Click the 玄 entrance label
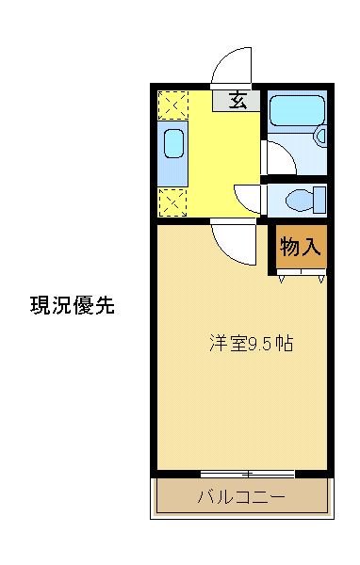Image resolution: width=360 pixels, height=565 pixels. [238, 100]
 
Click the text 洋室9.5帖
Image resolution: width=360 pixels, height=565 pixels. [251, 344]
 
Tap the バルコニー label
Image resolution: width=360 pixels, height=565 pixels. [240, 496]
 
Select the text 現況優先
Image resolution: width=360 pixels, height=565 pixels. [73, 305]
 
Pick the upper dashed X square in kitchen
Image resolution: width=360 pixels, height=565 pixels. [172, 103]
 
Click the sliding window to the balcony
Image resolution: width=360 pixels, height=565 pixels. [247, 473]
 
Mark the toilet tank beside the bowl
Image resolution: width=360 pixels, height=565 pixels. [320, 200]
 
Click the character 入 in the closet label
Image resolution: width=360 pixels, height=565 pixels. [313, 247]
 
